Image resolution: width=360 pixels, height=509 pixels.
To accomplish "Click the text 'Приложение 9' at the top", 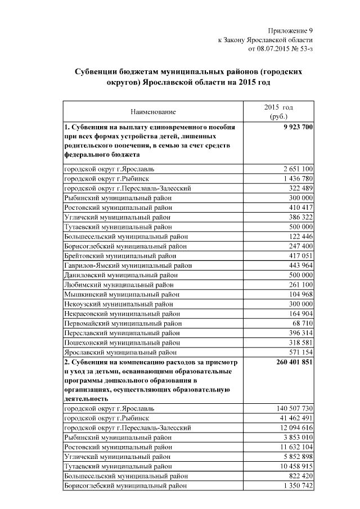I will (x=291, y=30).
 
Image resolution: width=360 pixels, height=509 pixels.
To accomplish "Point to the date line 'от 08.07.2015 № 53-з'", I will (x=280, y=49).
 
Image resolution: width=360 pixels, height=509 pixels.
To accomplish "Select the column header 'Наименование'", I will (x=153, y=112).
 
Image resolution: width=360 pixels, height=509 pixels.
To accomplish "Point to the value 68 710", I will (x=302, y=323).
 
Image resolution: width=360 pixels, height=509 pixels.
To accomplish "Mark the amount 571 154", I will (x=300, y=353).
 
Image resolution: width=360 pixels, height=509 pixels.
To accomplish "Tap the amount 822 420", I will (x=300, y=475).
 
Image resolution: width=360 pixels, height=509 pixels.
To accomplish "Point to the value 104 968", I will (x=300, y=294).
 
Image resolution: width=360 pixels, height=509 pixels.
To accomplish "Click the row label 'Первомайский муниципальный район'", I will (x=123, y=323).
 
